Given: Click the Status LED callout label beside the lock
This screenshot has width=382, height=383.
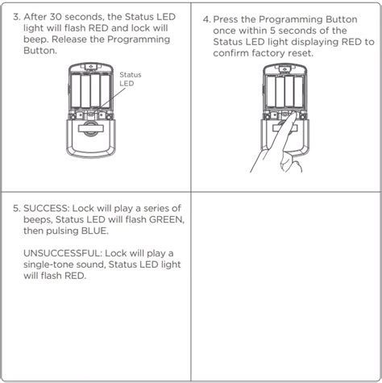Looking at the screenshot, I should coord(130,78).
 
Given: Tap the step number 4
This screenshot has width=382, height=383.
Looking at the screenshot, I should coord(206,17).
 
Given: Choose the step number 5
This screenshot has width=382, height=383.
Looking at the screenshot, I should coord(17,207).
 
